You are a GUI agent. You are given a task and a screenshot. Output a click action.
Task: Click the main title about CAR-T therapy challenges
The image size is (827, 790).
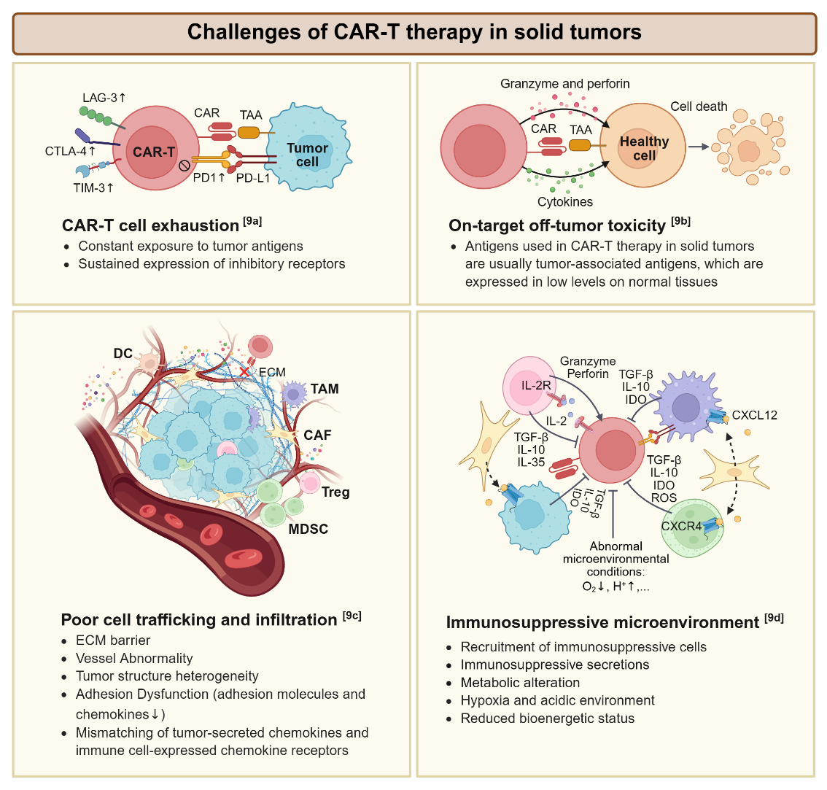413,33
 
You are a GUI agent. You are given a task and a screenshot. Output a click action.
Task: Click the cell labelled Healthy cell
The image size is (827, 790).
644,148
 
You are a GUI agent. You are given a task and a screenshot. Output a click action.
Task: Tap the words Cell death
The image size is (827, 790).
699,107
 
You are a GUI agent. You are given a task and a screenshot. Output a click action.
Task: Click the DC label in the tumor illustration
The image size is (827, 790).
123,354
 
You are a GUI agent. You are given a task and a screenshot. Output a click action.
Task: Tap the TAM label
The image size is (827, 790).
325,389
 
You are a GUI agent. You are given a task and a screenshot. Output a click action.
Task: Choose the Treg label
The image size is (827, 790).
336,492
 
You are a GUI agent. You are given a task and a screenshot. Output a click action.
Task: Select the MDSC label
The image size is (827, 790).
309,529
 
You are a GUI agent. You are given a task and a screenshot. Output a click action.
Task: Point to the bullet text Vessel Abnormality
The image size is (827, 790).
134,658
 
